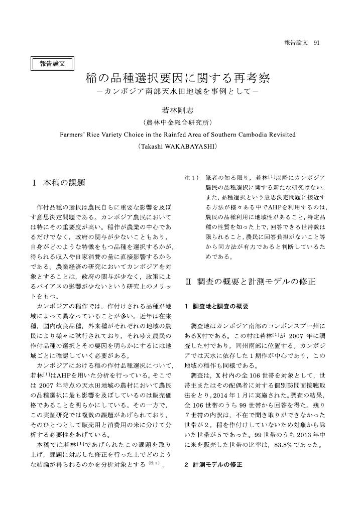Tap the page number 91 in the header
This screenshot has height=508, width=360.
tap(316, 42)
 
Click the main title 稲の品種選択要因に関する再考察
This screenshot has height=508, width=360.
tap(177, 79)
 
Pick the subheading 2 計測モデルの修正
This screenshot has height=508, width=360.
tap(213, 465)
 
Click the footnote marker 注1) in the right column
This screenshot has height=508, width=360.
tap(192, 178)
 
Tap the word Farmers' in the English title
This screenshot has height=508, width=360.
tap(73, 135)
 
